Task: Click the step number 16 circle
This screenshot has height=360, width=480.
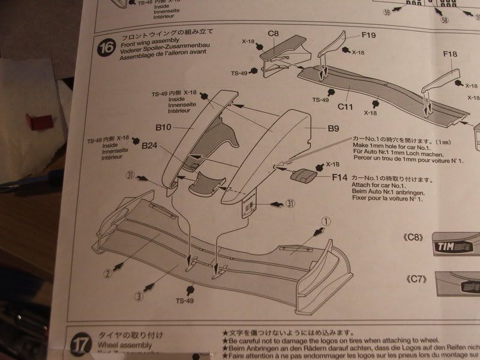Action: click(105, 47)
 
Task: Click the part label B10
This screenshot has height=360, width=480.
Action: click(164, 127)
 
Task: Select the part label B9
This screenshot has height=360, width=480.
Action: click(334, 128)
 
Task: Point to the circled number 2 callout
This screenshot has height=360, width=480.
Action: click(108, 274)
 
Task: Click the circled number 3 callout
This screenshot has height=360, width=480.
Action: click(138, 295)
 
